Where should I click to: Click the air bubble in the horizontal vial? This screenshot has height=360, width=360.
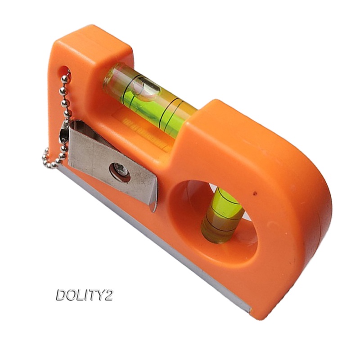point(143,87)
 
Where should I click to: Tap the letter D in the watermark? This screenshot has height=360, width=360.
point(62,295)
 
